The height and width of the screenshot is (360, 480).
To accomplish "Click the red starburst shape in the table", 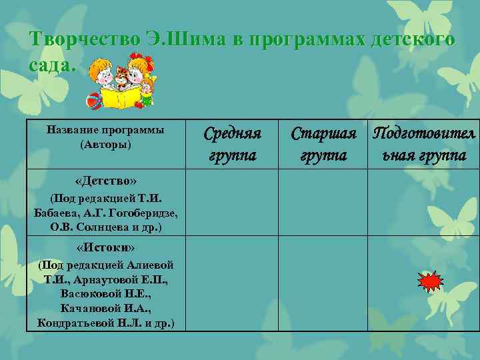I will point(430,282).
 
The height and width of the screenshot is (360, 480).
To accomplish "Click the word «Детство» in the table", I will point(107,181).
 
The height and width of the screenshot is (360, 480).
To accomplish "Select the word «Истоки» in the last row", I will point(106,248).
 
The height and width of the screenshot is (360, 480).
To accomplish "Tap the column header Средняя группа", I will point(232,145).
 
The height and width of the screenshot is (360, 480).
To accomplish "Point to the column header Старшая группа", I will point(323,145).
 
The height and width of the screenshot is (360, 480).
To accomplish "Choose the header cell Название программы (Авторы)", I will point(106,137).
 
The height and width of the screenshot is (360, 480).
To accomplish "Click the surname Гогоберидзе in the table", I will point(147,213).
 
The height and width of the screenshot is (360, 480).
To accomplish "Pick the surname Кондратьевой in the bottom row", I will point(77,323).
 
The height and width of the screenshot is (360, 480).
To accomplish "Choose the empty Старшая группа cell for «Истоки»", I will point(323,283).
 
